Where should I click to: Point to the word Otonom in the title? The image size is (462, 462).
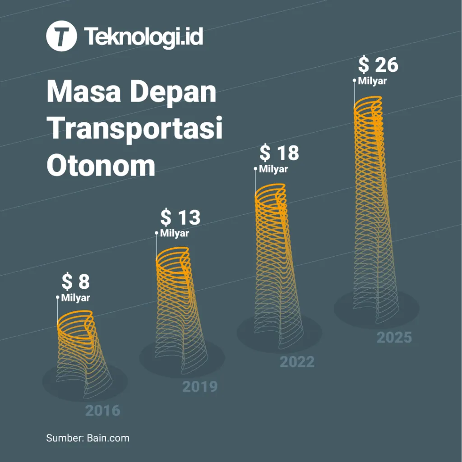tap(101, 165)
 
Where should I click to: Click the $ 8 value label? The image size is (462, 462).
tap(76, 282)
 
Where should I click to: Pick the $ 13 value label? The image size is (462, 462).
tap(180, 217)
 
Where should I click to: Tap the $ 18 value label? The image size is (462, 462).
tap(279, 153)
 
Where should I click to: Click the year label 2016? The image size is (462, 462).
tap(103, 411)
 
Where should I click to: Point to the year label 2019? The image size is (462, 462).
tap(200, 387)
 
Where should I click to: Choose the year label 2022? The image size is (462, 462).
tap(297, 362)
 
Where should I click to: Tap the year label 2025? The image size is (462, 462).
tap(394, 337)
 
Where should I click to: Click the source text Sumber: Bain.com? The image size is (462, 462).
tap(88, 438)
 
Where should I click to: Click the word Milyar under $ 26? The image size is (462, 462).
tap(373, 81)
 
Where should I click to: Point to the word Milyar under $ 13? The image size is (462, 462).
tap(175, 234)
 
